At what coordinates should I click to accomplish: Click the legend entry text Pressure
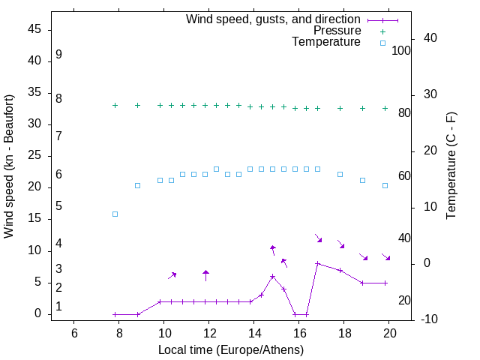337,31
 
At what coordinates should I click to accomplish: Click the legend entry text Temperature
326,42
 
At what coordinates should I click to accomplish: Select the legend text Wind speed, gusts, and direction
273,19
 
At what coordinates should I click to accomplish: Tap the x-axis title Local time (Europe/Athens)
231,349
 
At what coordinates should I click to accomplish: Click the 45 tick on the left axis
34,29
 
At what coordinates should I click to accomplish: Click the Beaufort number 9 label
58,55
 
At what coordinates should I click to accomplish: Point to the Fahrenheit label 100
401,51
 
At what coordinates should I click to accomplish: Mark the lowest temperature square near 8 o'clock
115,214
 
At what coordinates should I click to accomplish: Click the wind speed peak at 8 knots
318,263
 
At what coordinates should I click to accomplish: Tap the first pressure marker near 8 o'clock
115,106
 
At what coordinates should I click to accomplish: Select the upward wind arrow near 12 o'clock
205,274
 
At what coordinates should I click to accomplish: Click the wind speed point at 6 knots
273,276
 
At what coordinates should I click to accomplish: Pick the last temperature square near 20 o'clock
385,185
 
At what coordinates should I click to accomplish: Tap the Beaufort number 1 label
58,307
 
